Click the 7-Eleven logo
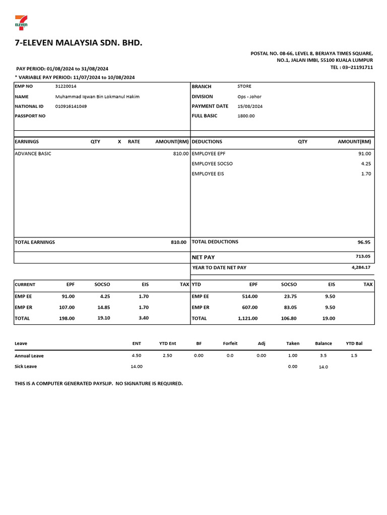pyautogui.click(x=21, y=23)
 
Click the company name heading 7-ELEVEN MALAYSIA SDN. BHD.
pyautogui.click(x=79, y=43)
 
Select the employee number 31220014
pyautogui.click(x=66, y=87)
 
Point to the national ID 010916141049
pyautogui.click(x=71, y=106)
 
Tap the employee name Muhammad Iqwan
pyautogui.click(x=97, y=97)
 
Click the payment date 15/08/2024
pyautogui.click(x=250, y=106)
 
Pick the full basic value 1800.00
pyautogui.click(x=246, y=116)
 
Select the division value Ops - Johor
pyautogui.click(x=249, y=97)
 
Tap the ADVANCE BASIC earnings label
pyautogui.click(x=33, y=153)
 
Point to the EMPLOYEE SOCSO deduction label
pyautogui.click(x=212, y=163)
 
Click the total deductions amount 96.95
pyautogui.click(x=364, y=242)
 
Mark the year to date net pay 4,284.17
pyautogui.click(x=361, y=268)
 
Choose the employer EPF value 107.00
pyautogui.click(x=67, y=307)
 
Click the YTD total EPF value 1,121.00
pyautogui.click(x=247, y=318)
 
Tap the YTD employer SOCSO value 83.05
pyautogui.click(x=289, y=307)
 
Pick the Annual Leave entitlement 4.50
pyautogui.click(x=136, y=356)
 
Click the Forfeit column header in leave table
pyautogui.click(x=230, y=344)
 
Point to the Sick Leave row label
pyautogui.click(x=26, y=367)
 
